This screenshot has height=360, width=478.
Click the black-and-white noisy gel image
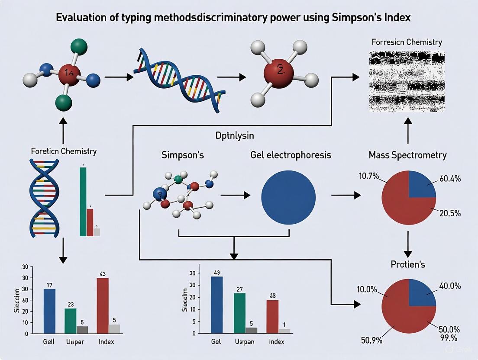click(406, 81)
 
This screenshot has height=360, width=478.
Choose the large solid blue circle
click(288, 196)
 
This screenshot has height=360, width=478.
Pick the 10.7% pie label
click(368, 176)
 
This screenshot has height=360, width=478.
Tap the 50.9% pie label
click(371, 340)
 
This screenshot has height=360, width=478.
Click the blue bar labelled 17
click(49, 312)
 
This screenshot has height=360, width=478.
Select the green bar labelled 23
click(70, 321)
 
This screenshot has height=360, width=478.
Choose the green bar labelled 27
click(239, 314)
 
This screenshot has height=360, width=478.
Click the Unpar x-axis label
click(76, 342)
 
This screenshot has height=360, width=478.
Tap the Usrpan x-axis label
click(245, 342)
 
